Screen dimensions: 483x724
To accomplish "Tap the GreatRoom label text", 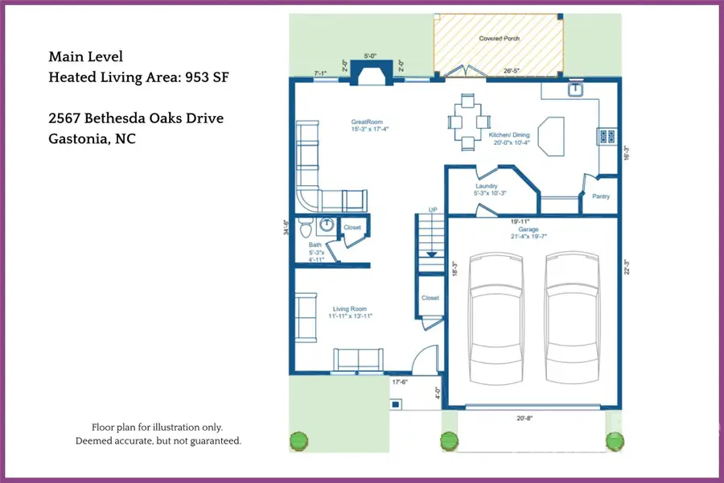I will (365, 123).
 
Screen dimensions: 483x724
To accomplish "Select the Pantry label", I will (600, 196).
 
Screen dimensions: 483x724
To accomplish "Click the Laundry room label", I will (487, 187).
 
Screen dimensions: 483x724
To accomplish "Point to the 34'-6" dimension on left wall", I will (286, 228).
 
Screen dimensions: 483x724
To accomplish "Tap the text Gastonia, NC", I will (92, 138).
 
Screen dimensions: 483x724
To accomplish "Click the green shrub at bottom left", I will (298, 440).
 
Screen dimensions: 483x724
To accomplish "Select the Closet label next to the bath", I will (352, 228).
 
